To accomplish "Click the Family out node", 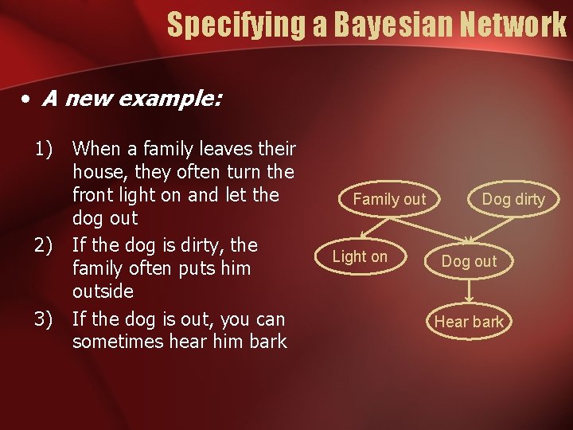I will (x=389, y=199).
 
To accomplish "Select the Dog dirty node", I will (x=513, y=199).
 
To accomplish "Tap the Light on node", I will (x=360, y=256).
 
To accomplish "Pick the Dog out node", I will (x=469, y=261).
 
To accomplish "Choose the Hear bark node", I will (x=469, y=322).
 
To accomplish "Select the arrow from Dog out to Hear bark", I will (x=469, y=291).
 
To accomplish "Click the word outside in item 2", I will (x=103, y=291).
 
